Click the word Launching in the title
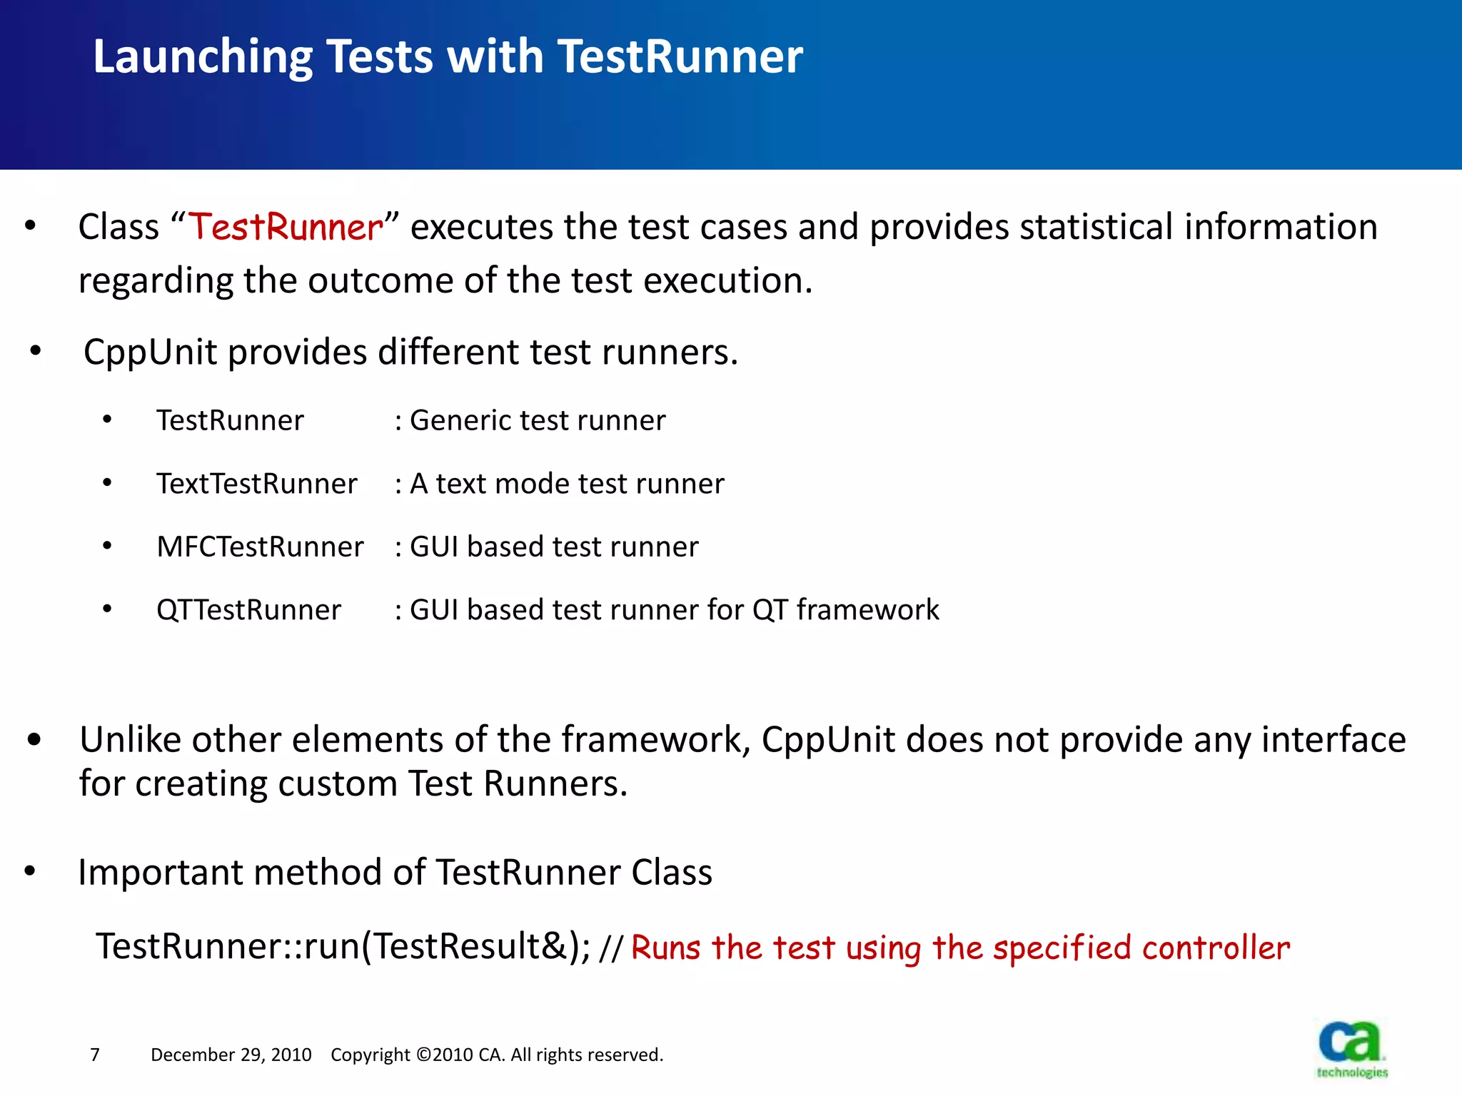point(203,57)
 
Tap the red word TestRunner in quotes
point(286,228)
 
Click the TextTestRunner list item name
point(256,484)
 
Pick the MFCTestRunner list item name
point(260,547)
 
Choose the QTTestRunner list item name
point(248,611)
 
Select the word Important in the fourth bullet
point(160,873)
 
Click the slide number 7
point(95,1055)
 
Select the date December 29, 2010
point(231,1055)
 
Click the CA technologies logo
point(1351,1049)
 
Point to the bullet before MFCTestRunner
point(107,547)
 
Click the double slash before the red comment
point(611,949)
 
